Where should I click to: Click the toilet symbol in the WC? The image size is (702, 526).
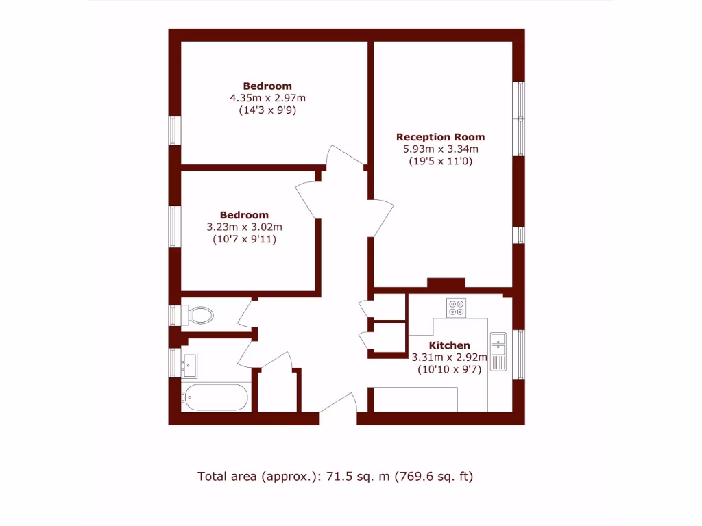199,316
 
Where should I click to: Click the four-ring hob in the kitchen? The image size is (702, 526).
455,308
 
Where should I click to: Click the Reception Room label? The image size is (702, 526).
440,137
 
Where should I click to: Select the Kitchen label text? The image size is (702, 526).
449,345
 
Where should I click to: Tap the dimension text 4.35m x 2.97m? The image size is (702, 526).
267,98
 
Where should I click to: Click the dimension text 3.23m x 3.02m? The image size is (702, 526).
245,227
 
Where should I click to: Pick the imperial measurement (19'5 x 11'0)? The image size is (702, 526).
440,161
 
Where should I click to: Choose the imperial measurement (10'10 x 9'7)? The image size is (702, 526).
449,368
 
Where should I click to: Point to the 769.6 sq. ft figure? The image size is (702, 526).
433,476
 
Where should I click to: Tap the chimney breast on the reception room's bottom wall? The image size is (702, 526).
446,283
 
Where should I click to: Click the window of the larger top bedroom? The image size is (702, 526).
175,130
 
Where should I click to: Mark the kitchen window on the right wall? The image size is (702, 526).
519,354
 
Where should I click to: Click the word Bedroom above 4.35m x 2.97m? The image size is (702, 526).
267,86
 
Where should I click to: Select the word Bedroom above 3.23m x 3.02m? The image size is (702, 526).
244,215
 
